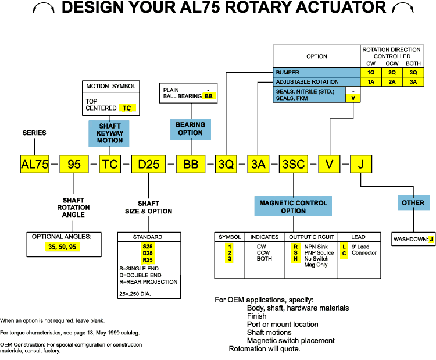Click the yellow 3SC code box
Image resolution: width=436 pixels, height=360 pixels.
point(293,164)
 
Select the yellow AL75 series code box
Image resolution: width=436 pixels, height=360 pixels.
point(34,164)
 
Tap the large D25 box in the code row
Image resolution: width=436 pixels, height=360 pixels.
point(148,164)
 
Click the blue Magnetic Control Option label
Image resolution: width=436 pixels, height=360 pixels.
point(293,206)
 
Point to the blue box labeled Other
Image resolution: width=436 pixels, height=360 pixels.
point(413,202)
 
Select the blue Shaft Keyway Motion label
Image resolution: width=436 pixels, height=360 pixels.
point(110,132)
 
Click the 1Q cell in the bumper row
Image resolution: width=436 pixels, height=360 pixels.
point(371,73)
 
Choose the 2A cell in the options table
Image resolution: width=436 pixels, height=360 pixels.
point(392,82)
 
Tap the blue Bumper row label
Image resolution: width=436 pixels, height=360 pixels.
point(317,73)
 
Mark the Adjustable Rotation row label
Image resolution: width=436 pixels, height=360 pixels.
point(317,82)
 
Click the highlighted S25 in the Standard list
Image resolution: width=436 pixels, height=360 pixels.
point(147,246)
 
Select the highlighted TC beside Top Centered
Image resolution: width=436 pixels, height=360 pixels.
point(126,108)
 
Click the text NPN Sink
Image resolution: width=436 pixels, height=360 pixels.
point(319,247)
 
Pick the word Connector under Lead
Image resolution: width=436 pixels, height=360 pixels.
point(364,253)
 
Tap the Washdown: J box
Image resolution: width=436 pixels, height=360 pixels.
point(413,239)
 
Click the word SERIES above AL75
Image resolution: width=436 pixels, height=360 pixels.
point(34,133)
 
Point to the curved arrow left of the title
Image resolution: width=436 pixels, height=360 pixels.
point(44,8)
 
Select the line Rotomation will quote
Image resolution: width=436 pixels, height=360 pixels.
point(265,349)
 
